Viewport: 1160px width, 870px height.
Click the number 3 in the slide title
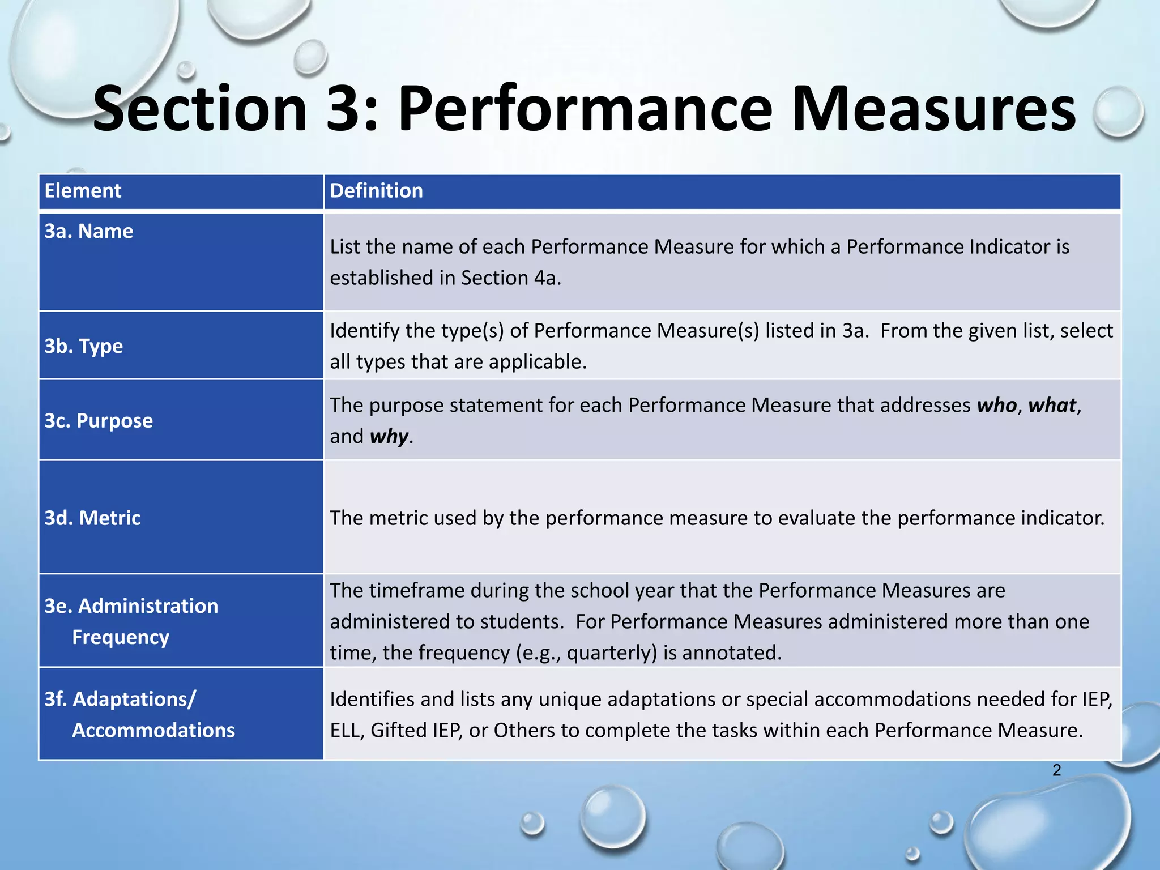pyautogui.click(x=345, y=109)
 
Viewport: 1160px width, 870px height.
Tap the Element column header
pyautogui.click(x=83, y=191)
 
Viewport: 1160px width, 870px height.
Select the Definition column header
pyautogui.click(x=376, y=191)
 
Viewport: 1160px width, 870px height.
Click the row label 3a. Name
pyautogui.click(x=89, y=231)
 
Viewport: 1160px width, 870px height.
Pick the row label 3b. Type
pyautogui.click(x=84, y=346)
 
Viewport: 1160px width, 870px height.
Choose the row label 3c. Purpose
pyautogui.click(x=99, y=421)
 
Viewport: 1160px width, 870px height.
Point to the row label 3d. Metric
pyautogui.click(x=93, y=518)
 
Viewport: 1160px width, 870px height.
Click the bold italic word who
pyautogui.click(x=997, y=406)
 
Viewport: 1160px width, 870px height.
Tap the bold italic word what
pyautogui.click(x=1052, y=406)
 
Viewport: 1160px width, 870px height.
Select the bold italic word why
pyautogui.click(x=389, y=437)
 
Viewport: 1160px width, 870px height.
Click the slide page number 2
pyautogui.click(x=1057, y=770)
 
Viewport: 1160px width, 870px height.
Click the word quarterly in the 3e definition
pyautogui.click(x=612, y=653)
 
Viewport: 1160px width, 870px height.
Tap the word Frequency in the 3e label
pyautogui.click(x=121, y=637)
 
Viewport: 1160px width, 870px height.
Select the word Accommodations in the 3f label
pyautogui.click(x=153, y=731)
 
